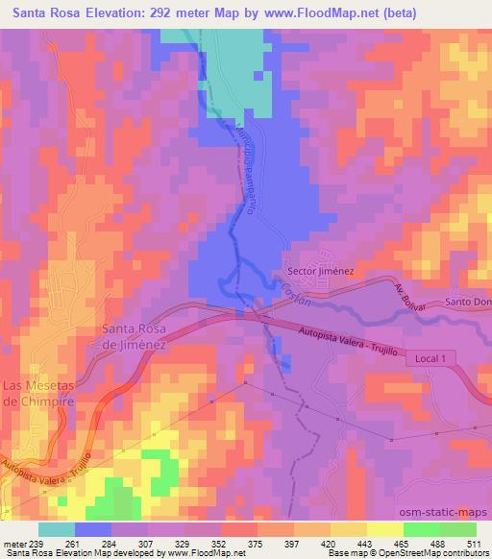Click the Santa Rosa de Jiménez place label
pyautogui.click(x=135, y=336)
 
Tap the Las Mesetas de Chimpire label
pyautogui.click(x=40, y=395)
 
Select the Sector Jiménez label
pyautogui.click(x=320, y=271)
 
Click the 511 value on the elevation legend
pyautogui.click(x=475, y=544)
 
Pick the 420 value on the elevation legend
pyautogui.click(x=330, y=544)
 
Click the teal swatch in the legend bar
pyautogui.click(x=56, y=529)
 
